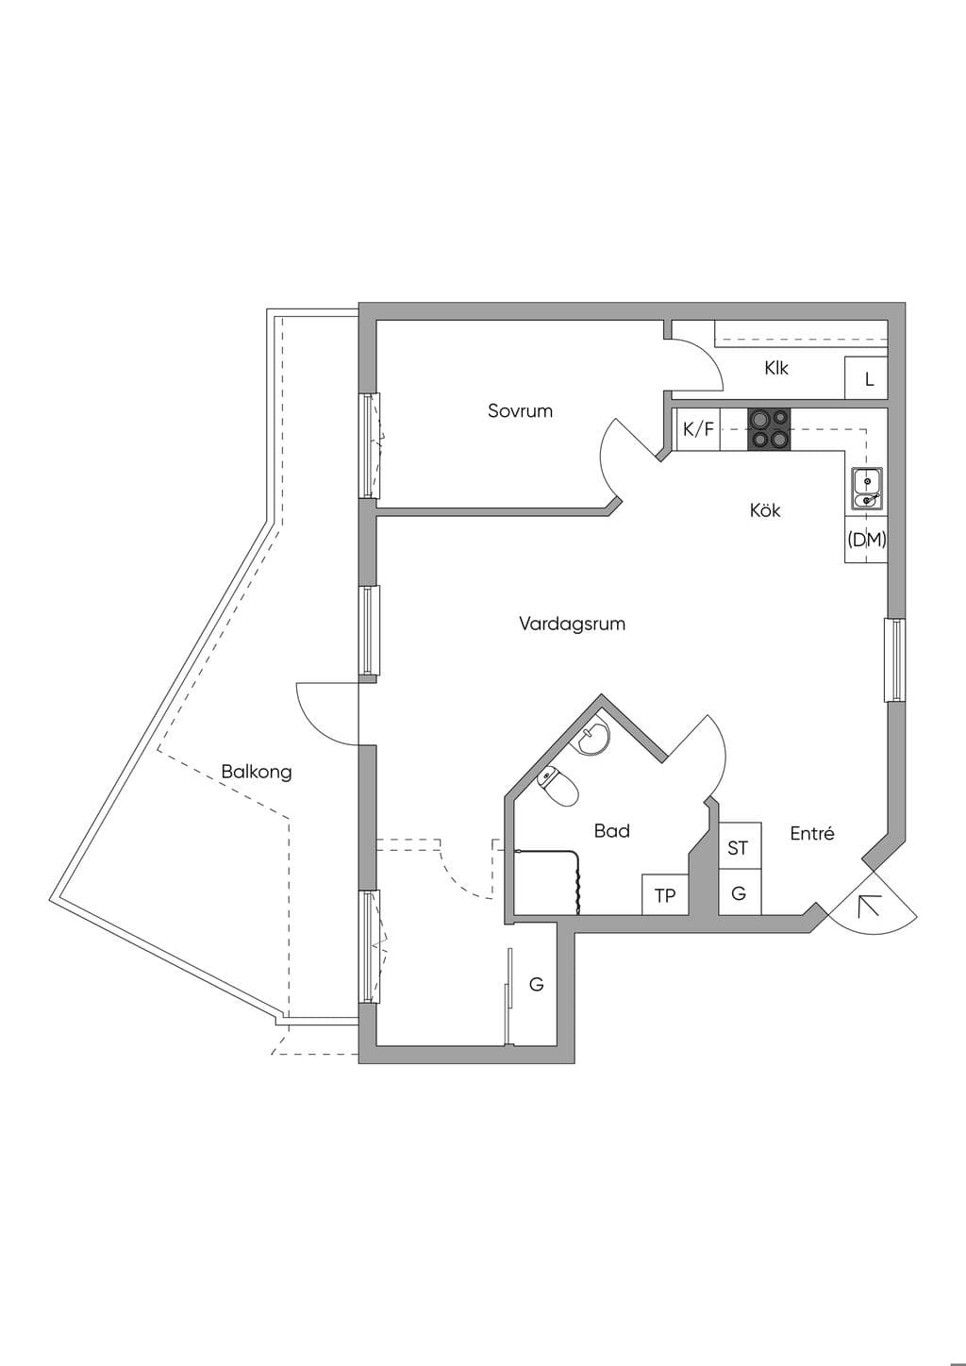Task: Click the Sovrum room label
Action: point(520,411)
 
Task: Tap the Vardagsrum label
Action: point(572,625)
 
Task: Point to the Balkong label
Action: point(257,773)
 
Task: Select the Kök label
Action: point(765,509)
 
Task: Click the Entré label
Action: point(811,834)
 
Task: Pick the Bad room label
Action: point(611,831)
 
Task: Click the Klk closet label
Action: point(776,368)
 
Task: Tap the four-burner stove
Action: point(769,429)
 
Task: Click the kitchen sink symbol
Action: point(867,487)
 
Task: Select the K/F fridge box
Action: point(698,429)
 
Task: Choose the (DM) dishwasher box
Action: point(866,539)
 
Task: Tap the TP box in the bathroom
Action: point(665,895)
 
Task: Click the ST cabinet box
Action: point(740,846)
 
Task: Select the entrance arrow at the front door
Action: point(869,907)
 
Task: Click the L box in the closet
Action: point(866,378)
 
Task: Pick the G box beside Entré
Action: point(740,892)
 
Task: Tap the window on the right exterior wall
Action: point(896,659)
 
